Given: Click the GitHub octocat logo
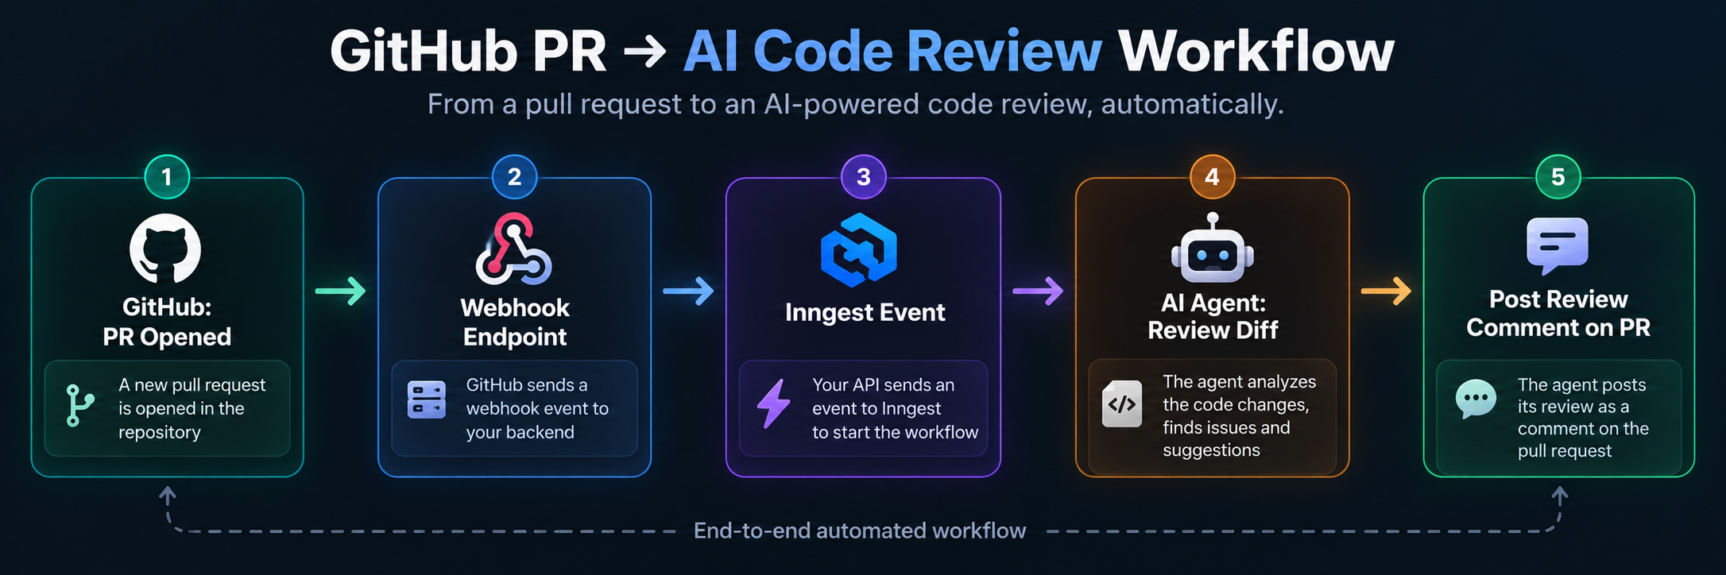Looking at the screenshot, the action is (x=165, y=249).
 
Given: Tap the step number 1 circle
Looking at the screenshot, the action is (x=167, y=176).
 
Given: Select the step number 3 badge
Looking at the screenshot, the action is (x=864, y=176).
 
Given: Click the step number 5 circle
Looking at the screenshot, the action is (x=1558, y=176).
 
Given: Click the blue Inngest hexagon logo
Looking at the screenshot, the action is (x=859, y=250).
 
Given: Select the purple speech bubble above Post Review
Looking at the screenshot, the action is (x=1558, y=245).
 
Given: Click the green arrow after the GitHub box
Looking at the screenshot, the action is (x=341, y=291).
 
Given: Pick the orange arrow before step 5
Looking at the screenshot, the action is (x=1387, y=291).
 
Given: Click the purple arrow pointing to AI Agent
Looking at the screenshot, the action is (x=1038, y=291).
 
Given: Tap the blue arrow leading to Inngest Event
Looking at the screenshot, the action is (x=688, y=291).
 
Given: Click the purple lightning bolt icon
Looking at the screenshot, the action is (x=773, y=403).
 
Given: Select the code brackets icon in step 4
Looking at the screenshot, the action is (x=1122, y=404).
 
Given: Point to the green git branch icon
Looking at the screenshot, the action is (x=79, y=405).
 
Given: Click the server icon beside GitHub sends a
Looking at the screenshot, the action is (x=427, y=399).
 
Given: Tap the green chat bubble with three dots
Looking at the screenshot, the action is (x=1476, y=399).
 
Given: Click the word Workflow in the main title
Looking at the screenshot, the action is (x=1256, y=52).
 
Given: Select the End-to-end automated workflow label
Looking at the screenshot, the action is (x=860, y=531).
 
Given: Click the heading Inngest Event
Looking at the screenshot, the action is (x=865, y=313).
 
